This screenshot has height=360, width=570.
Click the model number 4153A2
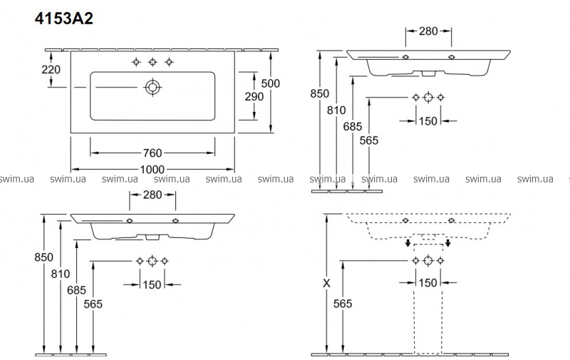click(x=64, y=19)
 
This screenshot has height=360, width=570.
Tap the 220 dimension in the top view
click(x=52, y=70)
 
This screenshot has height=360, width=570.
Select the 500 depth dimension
click(x=271, y=83)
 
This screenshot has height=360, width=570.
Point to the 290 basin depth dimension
click(x=254, y=96)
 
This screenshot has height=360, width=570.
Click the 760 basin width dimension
click(x=152, y=152)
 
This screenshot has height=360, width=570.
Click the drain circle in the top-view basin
click(x=152, y=87)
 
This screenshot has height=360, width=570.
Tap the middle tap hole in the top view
click(x=152, y=62)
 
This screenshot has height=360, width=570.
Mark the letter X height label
click(x=326, y=283)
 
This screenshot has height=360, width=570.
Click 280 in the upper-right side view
click(x=427, y=31)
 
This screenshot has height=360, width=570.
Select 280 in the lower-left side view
click(x=152, y=195)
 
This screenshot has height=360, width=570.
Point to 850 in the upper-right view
click(x=320, y=94)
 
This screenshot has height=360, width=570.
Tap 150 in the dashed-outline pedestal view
click(x=427, y=283)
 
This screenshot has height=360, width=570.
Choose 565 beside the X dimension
click(x=343, y=304)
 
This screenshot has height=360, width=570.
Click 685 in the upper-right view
click(x=353, y=126)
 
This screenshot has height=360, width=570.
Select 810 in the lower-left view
click(x=61, y=274)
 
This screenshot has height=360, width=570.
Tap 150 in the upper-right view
click(x=427, y=120)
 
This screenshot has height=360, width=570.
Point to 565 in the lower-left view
click(x=93, y=304)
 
